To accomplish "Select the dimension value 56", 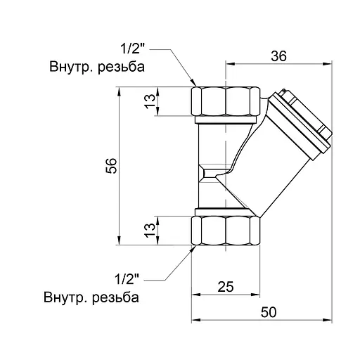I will (x=111, y=166).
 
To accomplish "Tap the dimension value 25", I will (x=225, y=286).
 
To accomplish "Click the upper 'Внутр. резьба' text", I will (x=97, y=68).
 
